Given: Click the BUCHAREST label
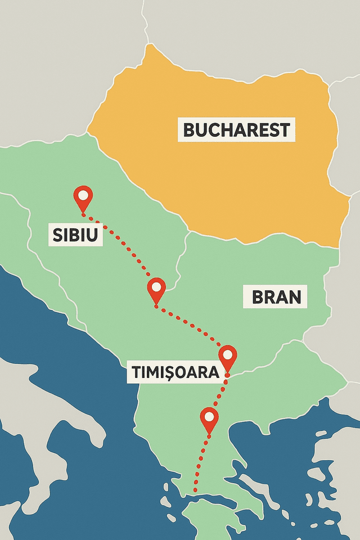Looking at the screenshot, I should pyautogui.click(x=237, y=130).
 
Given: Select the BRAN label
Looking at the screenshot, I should pyautogui.click(x=275, y=296).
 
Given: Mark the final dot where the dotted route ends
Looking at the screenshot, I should pyautogui.click(x=195, y=490).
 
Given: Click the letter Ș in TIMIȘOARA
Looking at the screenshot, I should pyautogui.click(x=167, y=372).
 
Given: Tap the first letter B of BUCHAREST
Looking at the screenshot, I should pyautogui.click(x=190, y=130).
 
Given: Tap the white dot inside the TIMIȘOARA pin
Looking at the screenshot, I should pyautogui.click(x=228, y=355).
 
